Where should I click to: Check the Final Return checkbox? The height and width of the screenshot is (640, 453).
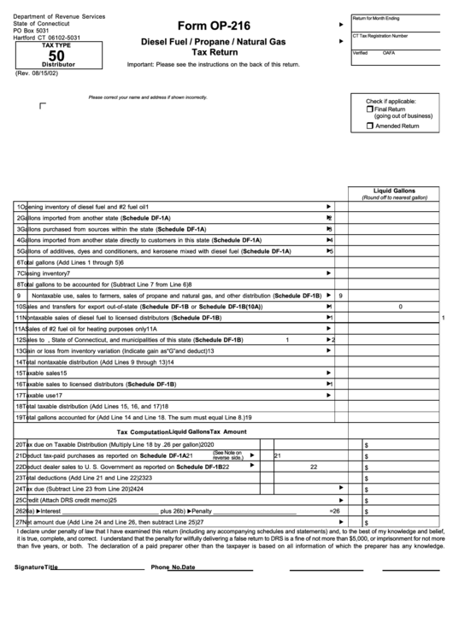pos(369,109)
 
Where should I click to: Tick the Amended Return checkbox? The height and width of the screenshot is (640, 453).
pos(369,126)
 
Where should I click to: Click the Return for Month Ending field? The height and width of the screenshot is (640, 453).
pos(398,23)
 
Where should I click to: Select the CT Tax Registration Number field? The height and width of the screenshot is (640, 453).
pos(398,42)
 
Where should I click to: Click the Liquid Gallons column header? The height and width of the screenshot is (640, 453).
pos(394,191)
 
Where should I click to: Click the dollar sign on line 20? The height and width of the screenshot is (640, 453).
pos(366,445)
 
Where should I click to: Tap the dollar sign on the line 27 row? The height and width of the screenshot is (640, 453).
pos(366,522)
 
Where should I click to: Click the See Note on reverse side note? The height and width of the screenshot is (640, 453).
pos(227,455)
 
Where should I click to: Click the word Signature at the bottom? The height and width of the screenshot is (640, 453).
pos(29,567)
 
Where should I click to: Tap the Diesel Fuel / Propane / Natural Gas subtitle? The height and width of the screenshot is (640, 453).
pos(213,41)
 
